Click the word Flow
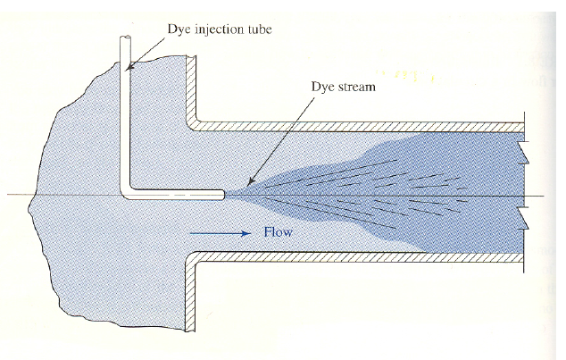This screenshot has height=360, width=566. (278, 233)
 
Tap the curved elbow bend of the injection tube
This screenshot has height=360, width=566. (126, 188)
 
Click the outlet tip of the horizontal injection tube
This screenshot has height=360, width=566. (222, 192)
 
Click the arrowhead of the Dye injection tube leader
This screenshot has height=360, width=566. (129, 67)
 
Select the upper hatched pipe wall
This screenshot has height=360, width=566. (357, 125)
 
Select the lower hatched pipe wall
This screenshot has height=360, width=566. (357, 257)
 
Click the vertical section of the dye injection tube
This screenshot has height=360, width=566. (126, 116)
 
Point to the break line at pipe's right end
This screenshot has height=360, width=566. (525, 192)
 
